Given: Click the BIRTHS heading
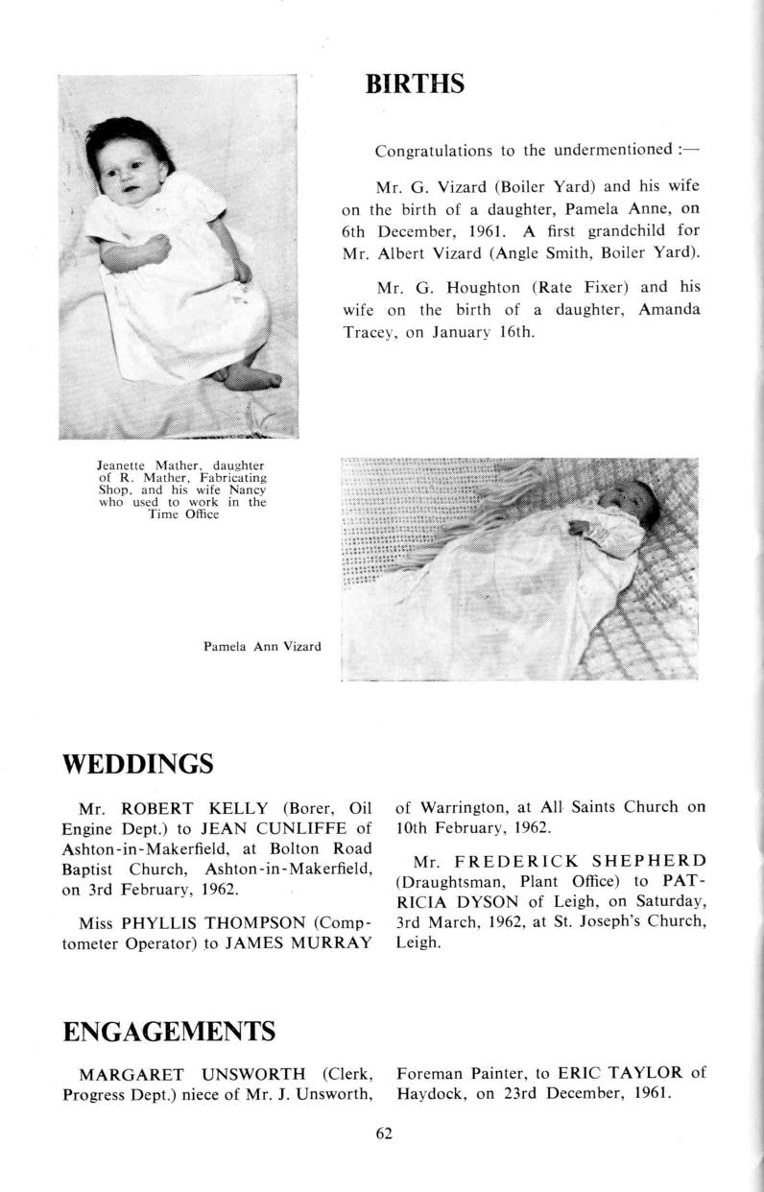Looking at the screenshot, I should (x=415, y=84).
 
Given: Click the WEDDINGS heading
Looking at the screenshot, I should (x=137, y=765).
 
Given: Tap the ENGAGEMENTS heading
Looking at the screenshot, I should (x=169, y=1032).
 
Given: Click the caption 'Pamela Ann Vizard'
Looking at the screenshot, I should (x=262, y=647).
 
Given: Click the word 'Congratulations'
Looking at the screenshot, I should (x=433, y=151).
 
